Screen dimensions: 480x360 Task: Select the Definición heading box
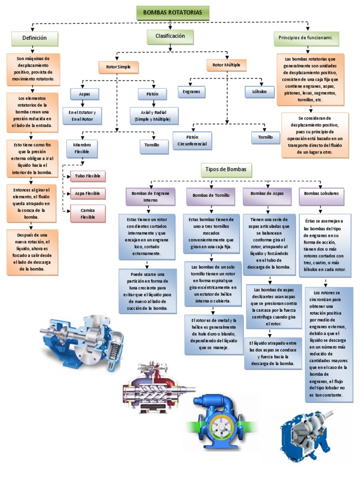(x=35, y=38)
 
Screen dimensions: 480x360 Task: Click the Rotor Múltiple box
(x=226, y=65)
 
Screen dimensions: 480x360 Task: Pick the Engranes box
(x=191, y=92)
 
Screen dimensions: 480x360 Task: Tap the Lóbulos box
(x=260, y=92)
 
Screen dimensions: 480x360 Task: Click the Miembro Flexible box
(x=82, y=148)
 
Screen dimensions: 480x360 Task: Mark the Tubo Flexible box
(x=88, y=177)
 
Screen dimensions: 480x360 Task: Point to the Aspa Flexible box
(x=88, y=194)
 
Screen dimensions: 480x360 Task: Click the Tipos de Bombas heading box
(x=225, y=169)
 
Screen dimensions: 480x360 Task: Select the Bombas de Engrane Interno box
(x=147, y=196)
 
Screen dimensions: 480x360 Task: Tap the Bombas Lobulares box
(x=321, y=193)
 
